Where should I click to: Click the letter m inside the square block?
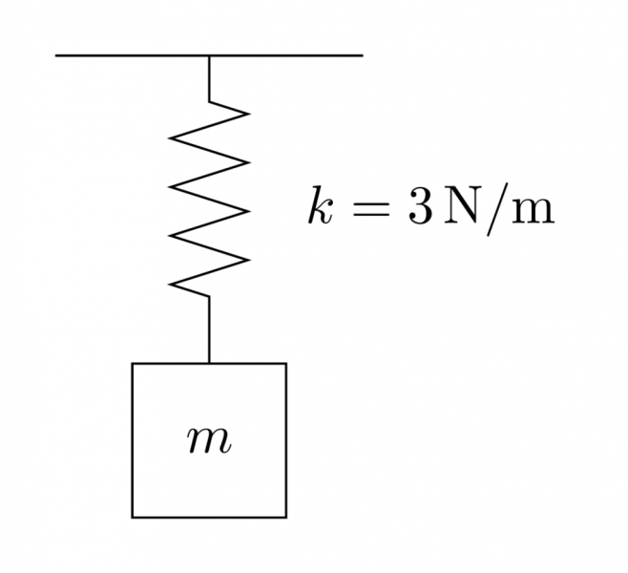coord(209,441)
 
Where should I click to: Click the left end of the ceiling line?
coord(56,55)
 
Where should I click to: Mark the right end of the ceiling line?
coord(362,55)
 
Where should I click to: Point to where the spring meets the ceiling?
coord(209,55)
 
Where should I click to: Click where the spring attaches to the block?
coord(209,363)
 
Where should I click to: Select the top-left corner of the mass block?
coord(133,364)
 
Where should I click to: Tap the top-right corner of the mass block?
coord(285,364)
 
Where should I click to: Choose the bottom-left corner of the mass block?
coord(133,517)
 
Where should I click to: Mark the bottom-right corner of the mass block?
coord(285,517)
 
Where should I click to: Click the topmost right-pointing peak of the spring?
coord(248,114)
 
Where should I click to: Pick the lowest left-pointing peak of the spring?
coord(170,284)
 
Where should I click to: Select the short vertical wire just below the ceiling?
coord(209,78)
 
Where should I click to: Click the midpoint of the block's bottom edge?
coord(209,517)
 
